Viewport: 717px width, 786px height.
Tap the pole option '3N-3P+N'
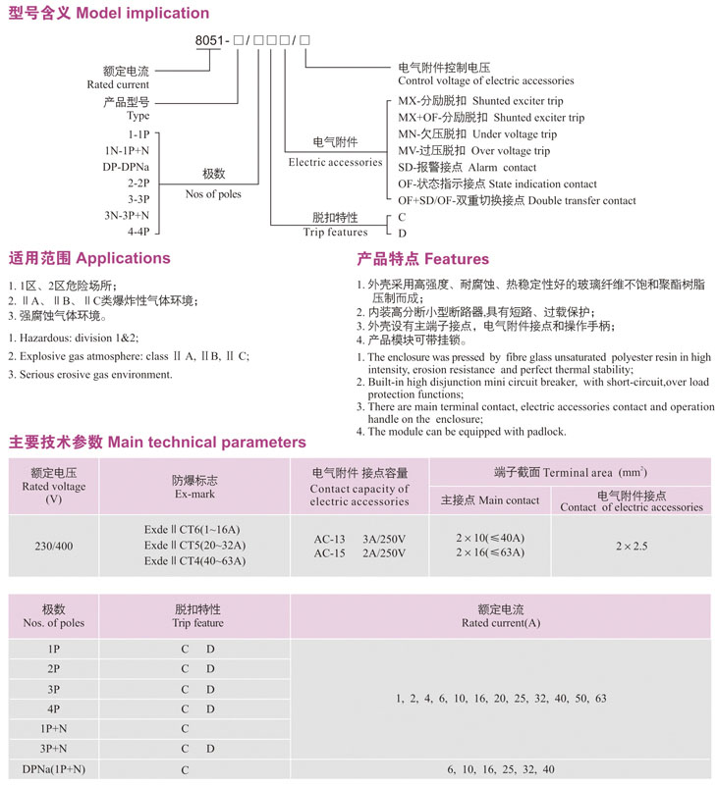(127, 214)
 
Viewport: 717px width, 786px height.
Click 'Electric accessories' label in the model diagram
(334, 162)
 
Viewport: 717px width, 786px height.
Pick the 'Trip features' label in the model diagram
(335, 233)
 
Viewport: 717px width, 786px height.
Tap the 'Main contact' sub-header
(490, 500)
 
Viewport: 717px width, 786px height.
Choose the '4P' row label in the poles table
(53, 708)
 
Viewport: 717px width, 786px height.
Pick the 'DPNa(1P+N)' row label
(53, 768)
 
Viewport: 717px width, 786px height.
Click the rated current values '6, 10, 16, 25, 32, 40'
(500, 768)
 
